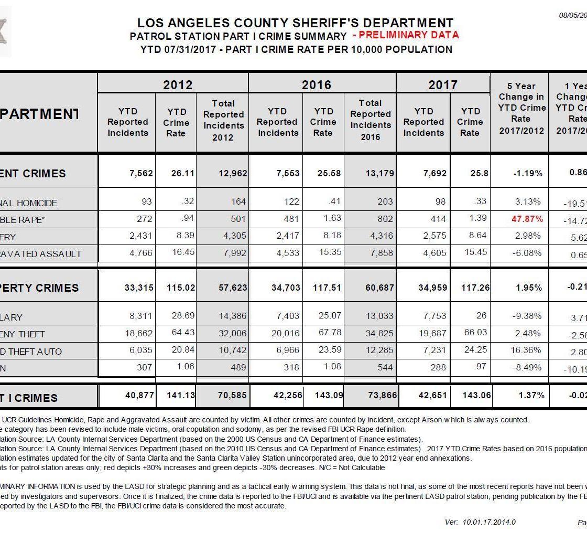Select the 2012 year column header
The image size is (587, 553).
tap(178, 84)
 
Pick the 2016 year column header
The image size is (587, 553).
tap(317, 84)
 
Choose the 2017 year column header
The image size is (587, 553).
tap(443, 84)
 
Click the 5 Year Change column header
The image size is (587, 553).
tap(521, 108)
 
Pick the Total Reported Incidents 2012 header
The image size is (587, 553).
tap(223, 120)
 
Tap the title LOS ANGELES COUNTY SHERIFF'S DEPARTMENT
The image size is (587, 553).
tap(295, 23)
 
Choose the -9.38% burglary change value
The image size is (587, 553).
tap(528, 316)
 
